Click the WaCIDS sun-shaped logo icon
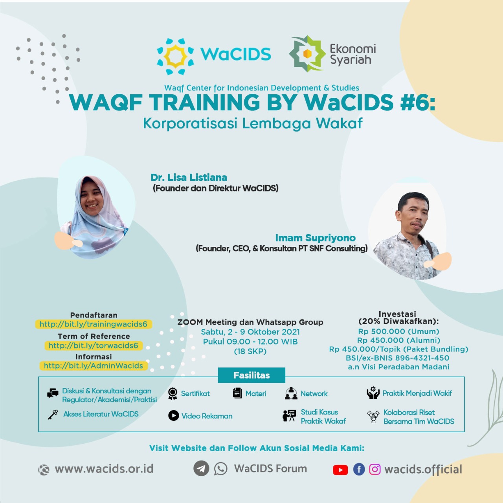click(x=175, y=56)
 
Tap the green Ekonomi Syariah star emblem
click(x=307, y=53)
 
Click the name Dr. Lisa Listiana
click(x=189, y=178)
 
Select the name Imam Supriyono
click(x=315, y=238)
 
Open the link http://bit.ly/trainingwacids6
click(x=94, y=324)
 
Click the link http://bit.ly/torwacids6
click(x=94, y=345)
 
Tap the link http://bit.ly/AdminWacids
click(x=94, y=366)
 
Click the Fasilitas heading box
click(x=251, y=375)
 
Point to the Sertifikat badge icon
click(x=173, y=394)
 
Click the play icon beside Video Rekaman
click(x=174, y=415)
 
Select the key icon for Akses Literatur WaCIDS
click(x=53, y=415)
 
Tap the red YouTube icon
click(x=340, y=470)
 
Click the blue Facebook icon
click(x=359, y=469)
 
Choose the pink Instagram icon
click(x=374, y=469)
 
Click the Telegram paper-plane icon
click(x=201, y=468)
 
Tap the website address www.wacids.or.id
click(x=104, y=469)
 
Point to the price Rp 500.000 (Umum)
click(x=398, y=332)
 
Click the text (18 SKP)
click(x=250, y=351)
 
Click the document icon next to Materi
click(x=237, y=393)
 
